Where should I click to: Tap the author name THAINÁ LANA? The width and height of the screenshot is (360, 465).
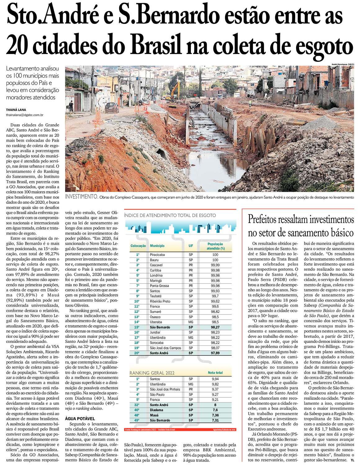pos(16,110)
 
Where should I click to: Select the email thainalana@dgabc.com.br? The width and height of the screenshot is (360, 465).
pos(25,115)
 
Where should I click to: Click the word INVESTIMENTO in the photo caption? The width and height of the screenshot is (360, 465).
pos(81,197)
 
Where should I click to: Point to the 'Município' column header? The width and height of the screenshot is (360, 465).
pos(157,246)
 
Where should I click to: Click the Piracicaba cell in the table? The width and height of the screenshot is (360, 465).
pos(157,255)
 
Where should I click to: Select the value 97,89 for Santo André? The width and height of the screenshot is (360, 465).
pos(215,353)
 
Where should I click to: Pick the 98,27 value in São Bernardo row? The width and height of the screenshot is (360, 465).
pos(215,327)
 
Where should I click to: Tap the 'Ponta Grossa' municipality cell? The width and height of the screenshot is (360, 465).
pos(159,286)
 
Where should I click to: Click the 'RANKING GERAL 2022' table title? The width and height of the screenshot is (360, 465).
pos(152,373)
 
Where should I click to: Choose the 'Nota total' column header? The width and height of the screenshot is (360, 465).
pos(215,372)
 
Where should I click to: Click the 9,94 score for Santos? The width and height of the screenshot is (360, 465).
pos(215,379)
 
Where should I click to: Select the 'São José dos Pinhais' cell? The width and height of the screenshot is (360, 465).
pos(165,389)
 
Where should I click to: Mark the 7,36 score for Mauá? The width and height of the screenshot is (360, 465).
pos(215,415)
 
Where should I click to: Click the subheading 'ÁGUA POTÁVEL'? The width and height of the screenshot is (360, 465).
pos(80,419)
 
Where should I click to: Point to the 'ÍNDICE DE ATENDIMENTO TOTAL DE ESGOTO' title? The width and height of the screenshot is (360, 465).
pos(170,215)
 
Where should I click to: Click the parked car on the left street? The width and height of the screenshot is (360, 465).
pos(112,107)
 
